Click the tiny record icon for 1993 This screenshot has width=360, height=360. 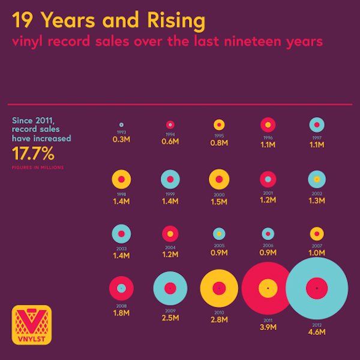click(121, 125)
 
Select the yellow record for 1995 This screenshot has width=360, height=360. click(219, 125)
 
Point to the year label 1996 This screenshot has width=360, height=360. click(268, 137)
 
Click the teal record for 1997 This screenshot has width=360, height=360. click(317, 125)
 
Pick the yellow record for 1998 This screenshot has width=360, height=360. click(121, 179)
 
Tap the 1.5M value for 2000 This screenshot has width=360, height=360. click(219, 202)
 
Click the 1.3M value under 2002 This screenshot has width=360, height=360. click(317, 201)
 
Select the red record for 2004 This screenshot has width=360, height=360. click(170, 234)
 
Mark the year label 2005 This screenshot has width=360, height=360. click(219, 246)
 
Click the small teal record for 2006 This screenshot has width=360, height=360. click(268, 234)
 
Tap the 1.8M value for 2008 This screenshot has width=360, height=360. click(121, 313)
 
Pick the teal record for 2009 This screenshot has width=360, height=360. click(170, 289)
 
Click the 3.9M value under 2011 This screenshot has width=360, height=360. click(268, 328)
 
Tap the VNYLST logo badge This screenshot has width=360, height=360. click(32, 324)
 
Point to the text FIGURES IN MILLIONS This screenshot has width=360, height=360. click(38, 167)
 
